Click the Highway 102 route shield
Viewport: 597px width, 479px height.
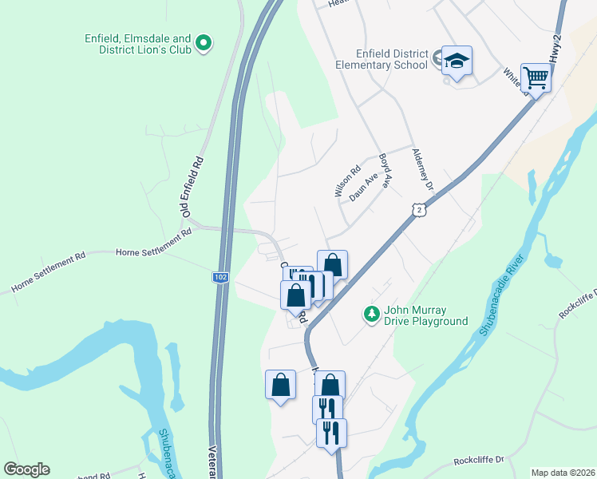tap(220, 277)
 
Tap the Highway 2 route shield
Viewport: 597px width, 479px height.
tap(419, 209)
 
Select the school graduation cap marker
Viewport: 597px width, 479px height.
tap(457, 61)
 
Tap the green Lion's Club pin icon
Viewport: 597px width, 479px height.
tap(204, 42)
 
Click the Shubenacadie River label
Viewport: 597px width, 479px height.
tap(501, 295)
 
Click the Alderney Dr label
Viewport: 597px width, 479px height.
tap(421, 169)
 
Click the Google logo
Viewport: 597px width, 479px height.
tap(26, 469)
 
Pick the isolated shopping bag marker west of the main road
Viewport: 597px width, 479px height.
tap(280, 385)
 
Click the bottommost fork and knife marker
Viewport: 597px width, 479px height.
tap(331, 433)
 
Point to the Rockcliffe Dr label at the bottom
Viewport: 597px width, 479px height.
tap(480, 460)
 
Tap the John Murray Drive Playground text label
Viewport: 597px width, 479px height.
tap(425, 316)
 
